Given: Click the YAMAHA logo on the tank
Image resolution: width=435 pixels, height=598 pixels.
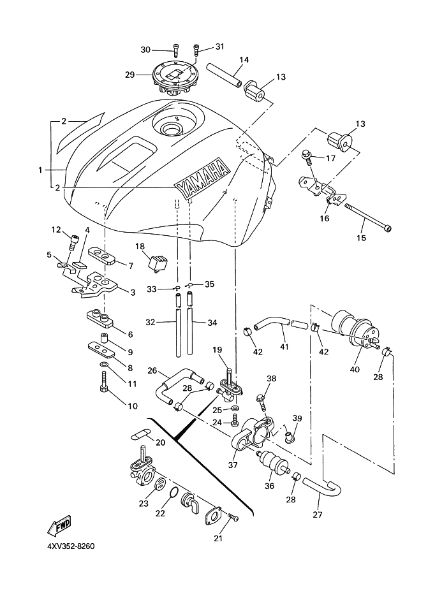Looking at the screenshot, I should [x=203, y=178].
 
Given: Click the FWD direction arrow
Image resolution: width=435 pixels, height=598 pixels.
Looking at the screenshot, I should [x=59, y=526].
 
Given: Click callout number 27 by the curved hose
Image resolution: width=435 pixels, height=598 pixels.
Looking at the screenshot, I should [x=318, y=514].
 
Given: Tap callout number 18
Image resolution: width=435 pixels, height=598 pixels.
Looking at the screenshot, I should [x=139, y=246].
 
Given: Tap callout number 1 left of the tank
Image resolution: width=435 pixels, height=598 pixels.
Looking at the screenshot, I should [x=40, y=170].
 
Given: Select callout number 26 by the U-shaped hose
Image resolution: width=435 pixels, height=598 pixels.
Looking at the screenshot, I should [x=152, y=370].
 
